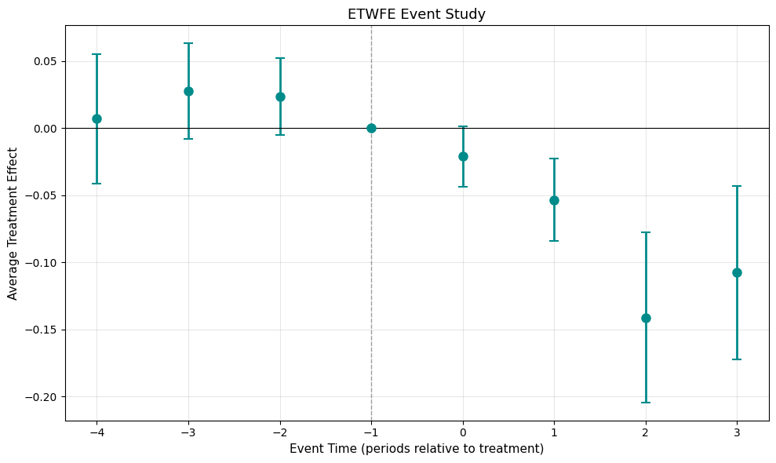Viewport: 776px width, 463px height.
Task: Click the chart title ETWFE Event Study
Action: (x=417, y=13)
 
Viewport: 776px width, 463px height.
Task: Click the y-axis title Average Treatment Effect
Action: (x=13, y=223)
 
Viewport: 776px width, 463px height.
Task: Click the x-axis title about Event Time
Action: (x=417, y=449)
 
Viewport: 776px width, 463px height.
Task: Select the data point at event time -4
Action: (x=97, y=118)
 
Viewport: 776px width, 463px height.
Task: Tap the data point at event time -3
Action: (x=188, y=91)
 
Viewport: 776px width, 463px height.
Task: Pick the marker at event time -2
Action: (x=280, y=97)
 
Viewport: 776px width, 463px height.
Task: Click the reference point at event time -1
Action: (x=371, y=128)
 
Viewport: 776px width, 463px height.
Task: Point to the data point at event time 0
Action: (x=463, y=156)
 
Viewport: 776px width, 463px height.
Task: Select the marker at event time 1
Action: (x=554, y=200)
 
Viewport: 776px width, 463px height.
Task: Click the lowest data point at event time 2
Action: (x=646, y=318)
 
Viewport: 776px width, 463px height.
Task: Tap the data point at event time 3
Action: (x=737, y=272)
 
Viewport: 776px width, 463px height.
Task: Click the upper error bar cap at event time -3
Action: (x=188, y=43)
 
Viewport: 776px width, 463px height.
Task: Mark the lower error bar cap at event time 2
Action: (x=646, y=403)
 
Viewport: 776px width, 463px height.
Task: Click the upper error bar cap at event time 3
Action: (x=737, y=186)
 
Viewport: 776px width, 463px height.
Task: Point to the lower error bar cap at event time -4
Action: (x=97, y=184)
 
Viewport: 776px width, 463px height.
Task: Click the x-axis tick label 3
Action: (x=737, y=432)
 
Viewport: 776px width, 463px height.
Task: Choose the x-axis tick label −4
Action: (x=97, y=432)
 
